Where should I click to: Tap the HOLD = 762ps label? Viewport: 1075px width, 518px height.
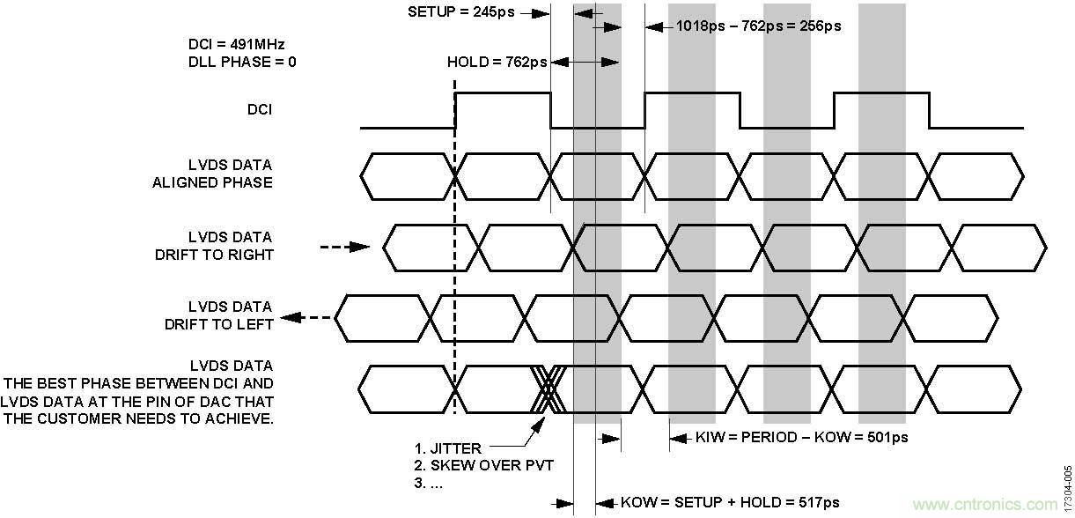tap(497, 62)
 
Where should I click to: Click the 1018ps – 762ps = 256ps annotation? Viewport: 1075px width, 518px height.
tap(758, 26)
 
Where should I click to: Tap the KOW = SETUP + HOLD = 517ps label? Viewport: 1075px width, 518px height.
tap(730, 503)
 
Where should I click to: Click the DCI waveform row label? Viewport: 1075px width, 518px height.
tap(260, 110)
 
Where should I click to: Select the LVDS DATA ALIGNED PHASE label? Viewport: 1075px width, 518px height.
tap(231, 174)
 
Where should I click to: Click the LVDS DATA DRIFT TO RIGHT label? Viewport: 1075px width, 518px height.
tap(231, 246)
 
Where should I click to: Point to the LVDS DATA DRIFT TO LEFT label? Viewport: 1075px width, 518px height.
tap(231, 314)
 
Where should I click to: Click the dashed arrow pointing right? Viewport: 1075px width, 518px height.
tap(345, 248)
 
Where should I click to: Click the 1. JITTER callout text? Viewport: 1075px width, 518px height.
tap(447, 448)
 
